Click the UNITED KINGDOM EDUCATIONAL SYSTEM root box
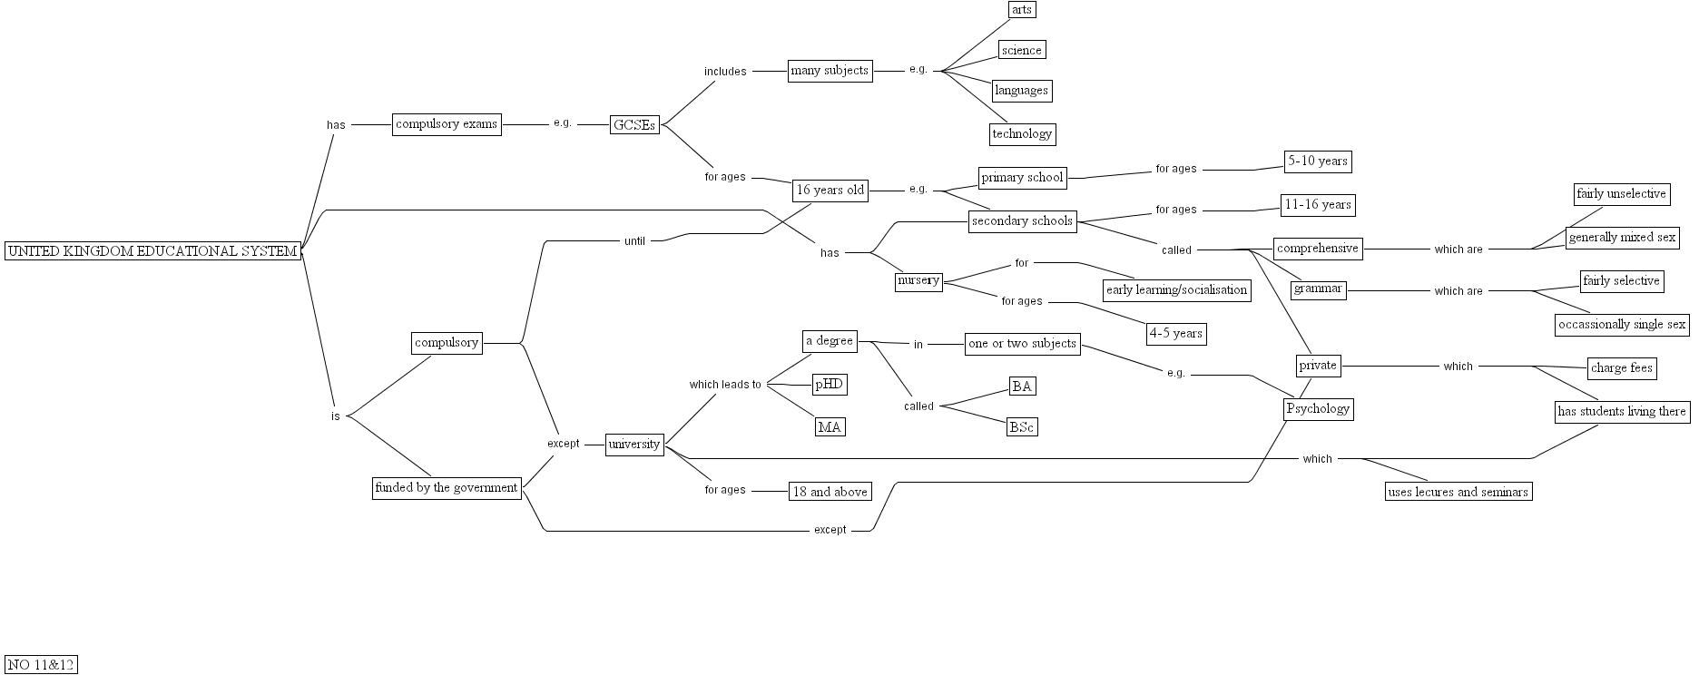(152, 251)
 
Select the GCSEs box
(634, 125)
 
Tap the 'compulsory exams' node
(447, 124)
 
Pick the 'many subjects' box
(830, 71)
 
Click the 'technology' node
(1022, 134)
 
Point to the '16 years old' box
(830, 191)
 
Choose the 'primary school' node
(1022, 178)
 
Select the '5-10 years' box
(1317, 161)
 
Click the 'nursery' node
(918, 281)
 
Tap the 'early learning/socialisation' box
(1176, 290)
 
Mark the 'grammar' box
(1318, 289)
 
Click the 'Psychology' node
(1318, 408)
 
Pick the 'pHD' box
(830, 385)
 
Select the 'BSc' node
(1022, 427)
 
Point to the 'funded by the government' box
(447, 488)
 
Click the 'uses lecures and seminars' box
(1458, 493)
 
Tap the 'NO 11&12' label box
(41, 665)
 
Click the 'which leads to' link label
(725, 385)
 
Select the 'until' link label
(634, 241)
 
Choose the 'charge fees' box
(1621, 368)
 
